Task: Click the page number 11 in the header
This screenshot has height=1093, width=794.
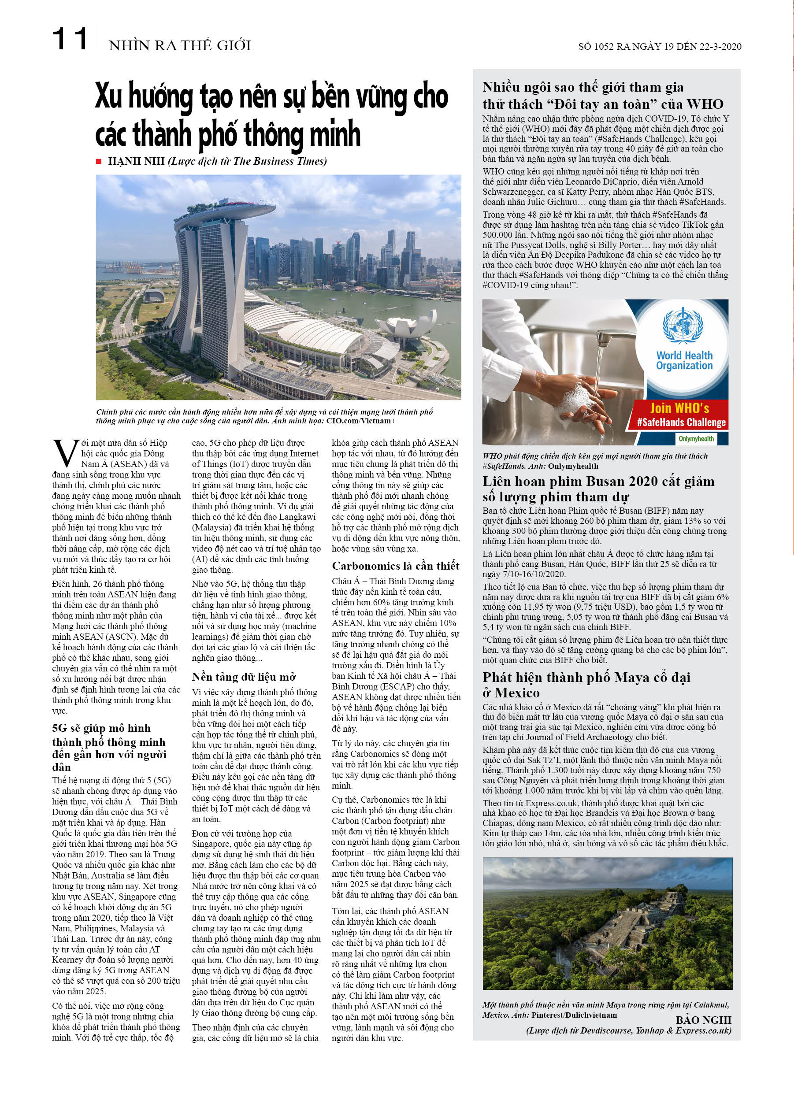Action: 70,40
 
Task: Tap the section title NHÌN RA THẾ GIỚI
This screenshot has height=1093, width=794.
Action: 180,46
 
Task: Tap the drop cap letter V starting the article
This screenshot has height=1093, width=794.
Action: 62,450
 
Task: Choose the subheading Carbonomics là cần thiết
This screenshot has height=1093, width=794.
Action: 395,566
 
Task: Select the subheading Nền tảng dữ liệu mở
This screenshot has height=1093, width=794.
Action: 244,677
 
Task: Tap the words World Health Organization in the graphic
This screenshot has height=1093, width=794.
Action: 684,360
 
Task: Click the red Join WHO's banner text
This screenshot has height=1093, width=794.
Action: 680,409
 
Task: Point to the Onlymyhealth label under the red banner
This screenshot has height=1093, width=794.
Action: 697,438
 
